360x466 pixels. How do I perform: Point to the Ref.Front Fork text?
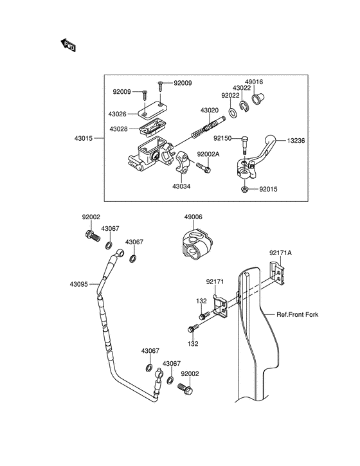coord(298,314)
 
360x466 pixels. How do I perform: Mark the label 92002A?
coord(208,154)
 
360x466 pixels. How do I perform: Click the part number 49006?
coord(194,217)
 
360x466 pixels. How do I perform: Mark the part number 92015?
coord(269,190)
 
